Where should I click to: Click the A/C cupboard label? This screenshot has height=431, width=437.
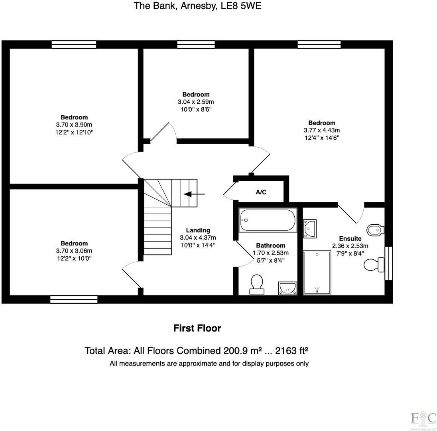pos(261,192)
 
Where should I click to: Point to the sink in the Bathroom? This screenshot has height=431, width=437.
pos(287,287)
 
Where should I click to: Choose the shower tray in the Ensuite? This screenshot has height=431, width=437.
pos(317,273)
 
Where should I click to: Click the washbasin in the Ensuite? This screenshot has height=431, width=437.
pos(310,228)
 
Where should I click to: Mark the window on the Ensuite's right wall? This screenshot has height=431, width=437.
pos(388,263)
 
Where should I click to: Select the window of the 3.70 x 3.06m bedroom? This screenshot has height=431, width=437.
pos(74,299)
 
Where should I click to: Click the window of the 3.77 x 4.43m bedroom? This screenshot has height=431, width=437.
pos(319,44)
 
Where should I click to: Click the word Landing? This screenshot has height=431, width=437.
pos(198,230)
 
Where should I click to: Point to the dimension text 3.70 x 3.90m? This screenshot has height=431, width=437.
pos(74,125)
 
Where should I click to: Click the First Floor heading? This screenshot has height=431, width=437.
pos(197,328)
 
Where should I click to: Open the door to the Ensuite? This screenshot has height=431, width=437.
pos(351,214)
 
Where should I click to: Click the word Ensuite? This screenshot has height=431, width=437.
pos(350,239)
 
